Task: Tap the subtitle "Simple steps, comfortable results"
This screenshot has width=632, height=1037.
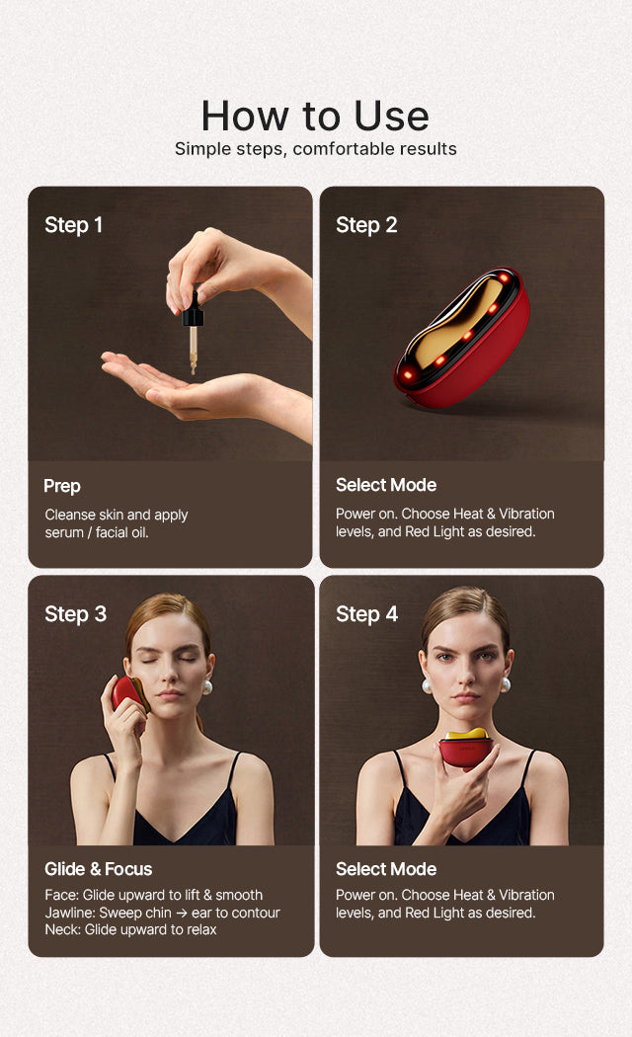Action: (315, 149)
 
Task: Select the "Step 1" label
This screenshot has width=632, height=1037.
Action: (73, 225)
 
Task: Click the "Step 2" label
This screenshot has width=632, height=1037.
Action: (366, 225)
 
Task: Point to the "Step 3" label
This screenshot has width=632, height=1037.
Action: (75, 614)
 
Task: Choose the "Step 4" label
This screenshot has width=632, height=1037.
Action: (367, 614)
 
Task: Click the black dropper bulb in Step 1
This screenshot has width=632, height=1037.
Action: (193, 310)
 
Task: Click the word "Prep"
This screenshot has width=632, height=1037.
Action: (62, 486)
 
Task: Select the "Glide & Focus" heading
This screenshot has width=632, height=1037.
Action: (99, 869)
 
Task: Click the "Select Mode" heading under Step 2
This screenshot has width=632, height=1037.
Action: (386, 485)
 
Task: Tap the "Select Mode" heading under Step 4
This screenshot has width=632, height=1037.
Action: (386, 869)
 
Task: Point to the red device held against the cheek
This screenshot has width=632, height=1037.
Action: (127, 693)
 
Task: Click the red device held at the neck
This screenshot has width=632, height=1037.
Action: (466, 750)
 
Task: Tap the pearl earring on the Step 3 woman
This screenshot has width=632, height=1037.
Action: (207, 687)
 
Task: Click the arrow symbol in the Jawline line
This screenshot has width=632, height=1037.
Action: (181, 914)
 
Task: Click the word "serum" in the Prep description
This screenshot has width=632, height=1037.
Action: (64, 533)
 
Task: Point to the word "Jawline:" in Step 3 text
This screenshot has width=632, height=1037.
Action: (70, 913)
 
